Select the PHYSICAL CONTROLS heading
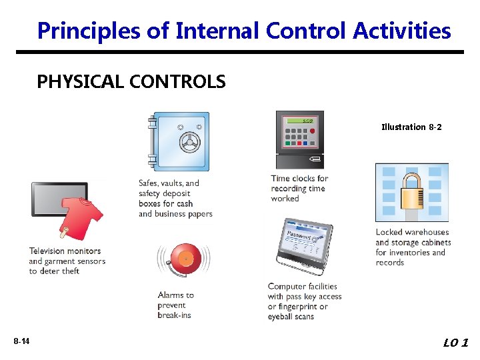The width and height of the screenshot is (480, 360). tap(131, 82)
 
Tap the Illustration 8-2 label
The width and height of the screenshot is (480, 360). tap(411, 127)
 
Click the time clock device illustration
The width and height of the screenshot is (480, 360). tap(299, 140)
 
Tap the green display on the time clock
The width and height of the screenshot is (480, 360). tap(299, 121)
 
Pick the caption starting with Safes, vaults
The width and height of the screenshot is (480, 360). tap(175, 199)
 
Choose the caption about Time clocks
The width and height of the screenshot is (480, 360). tap(299, 188)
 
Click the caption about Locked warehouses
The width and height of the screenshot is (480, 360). tap(413, 247)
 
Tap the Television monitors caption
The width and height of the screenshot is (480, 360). tap(67, 261)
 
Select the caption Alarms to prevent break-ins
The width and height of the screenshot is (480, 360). tap(175, 305)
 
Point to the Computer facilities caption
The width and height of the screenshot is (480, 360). tap(304, 301)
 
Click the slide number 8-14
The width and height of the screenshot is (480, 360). tap(21, 342)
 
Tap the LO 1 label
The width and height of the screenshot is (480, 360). tap(456, 343)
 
